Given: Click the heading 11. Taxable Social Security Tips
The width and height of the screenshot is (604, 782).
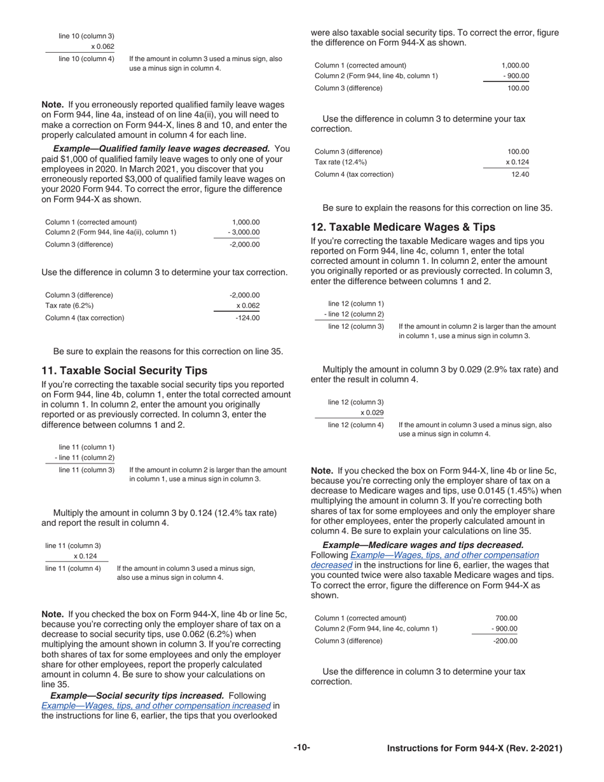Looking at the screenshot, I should (x=124, y=370).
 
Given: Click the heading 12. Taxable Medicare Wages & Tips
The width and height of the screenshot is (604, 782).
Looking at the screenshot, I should (x=402, y=227).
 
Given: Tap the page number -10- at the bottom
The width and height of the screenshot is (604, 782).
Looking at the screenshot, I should (x=302, y=748).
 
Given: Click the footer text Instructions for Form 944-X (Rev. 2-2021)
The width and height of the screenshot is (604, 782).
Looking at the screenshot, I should (x=474, y=748).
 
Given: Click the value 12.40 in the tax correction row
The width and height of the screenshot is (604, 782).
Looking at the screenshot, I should (x=520, y=174).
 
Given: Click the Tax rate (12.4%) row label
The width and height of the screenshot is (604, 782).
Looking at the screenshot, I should (x=341, y=163).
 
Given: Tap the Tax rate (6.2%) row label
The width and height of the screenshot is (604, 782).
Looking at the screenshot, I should (x=69, y=306).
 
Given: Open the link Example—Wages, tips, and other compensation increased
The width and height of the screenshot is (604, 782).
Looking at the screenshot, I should (x=156, y=705).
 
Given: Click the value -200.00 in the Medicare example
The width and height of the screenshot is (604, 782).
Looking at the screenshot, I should (x=505, y=640).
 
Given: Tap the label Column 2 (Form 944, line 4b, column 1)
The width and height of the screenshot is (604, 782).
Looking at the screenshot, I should (x=376, y=76).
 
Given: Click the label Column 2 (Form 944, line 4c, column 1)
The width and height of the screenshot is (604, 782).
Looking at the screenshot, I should (x=376, y=629).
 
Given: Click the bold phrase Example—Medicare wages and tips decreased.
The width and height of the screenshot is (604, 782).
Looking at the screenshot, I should (x=423, y=545).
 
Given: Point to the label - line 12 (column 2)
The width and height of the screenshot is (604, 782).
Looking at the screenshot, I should (x=354, y=315).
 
